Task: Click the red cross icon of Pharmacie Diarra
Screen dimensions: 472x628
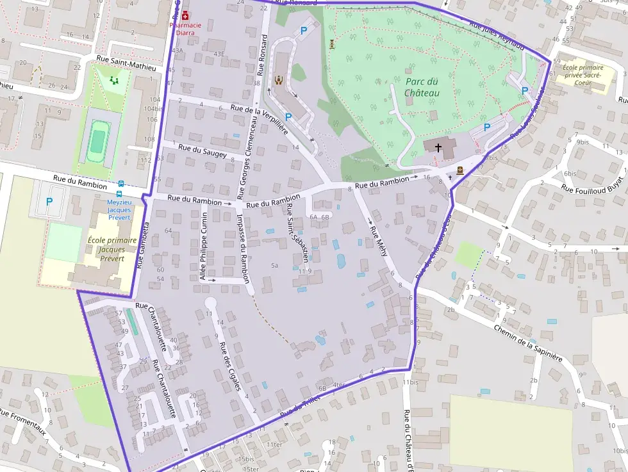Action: pos(185,15)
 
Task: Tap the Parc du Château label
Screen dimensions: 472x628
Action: pos(422,87)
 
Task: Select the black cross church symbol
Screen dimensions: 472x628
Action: pos(438,147)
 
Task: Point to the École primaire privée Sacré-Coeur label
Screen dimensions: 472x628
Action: pos(583,74)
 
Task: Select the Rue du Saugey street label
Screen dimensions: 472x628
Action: pos(202,151)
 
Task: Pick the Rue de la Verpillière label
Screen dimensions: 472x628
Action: pos(260,117)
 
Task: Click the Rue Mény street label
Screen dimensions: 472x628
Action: pos(379,240)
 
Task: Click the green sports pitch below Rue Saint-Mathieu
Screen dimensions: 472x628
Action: pos(97,140)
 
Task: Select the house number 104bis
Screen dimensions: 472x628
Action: pos(154,108)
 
